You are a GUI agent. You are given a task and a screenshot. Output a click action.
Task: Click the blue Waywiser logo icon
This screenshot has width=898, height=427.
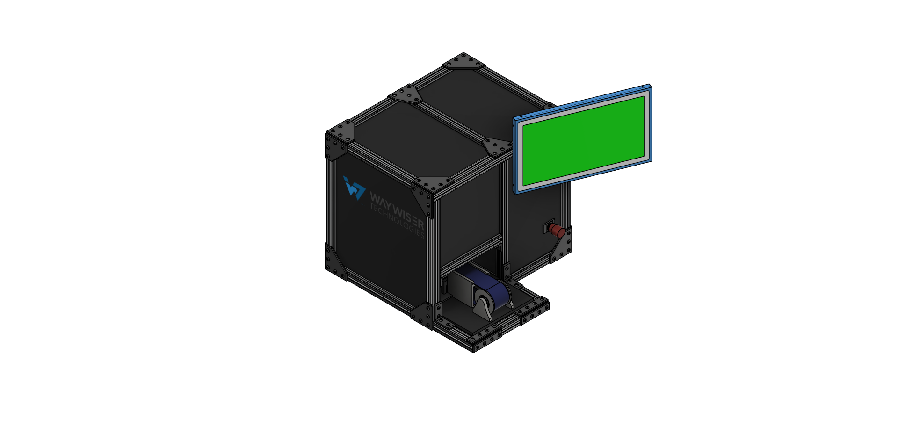(354, 188)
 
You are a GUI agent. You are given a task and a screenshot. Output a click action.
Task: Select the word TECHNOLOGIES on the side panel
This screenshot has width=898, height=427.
(397, 220)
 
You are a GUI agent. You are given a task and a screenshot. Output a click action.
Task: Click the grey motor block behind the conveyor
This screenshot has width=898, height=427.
(461, 285)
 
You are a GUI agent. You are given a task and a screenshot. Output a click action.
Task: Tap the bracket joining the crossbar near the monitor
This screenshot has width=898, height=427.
(497, 146)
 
